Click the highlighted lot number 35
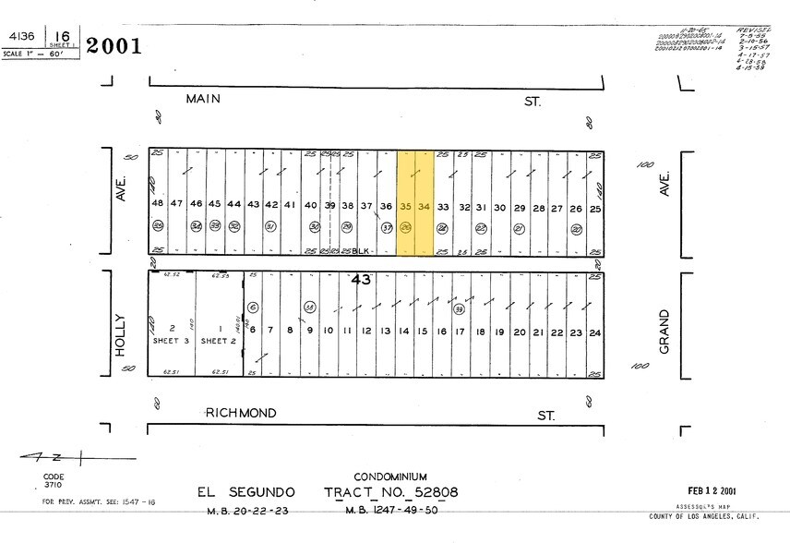click(405, 206)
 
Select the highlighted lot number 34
click(424, 206)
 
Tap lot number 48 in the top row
click(158, 204)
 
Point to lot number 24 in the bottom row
click(595, 332)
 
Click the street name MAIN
click(203, 99)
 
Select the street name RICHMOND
click(240, 413)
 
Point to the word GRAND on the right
click(664, 331)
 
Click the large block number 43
click(360, 279)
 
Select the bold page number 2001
click(114, 45)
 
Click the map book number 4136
click(21, 37)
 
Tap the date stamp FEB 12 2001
click(713, 490)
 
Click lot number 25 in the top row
click(595, 208)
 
